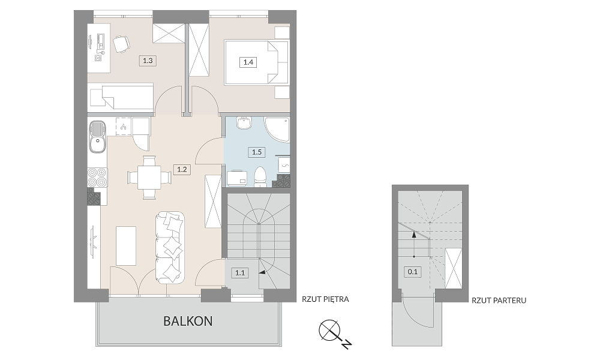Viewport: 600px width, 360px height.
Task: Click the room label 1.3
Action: pyautogui.click(x=148, y=61)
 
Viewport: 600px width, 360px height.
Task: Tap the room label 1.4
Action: pyautogui.click(x=248, y=62)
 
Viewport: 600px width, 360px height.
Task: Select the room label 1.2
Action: pyautogui.click(x=182, y=169)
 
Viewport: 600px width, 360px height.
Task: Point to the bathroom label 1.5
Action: pyautogui.click(x=256, y=152)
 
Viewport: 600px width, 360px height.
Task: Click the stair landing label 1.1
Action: pyautogui.click(x=240, y=273)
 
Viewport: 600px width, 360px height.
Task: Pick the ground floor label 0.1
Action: pyautogui.click(x=413, y=272)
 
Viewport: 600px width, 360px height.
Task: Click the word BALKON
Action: pyautogui.click(x=188, y=321)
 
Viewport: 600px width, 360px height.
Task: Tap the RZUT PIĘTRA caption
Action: pyautogui.click(x=325, y=299)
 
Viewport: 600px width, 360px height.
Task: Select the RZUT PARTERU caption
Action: pyautogui.click(x=499, y=301)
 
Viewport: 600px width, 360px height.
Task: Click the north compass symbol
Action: pyautogui.click(x=333, y=333)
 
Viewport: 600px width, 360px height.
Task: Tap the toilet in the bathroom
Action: pyautogui.click(x=260, y=177)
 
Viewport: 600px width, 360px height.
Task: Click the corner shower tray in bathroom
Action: pyautogui.click(x=277, y=130)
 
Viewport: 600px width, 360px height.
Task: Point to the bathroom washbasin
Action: pyautogui.click(x=244, y=123)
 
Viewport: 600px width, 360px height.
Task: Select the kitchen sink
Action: pyautogui.click(x=98, y=137)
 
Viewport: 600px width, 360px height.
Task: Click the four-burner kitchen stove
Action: pyautogui.click(x=98, y=178)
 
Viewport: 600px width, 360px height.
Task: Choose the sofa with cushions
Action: pyautogui.click(x=170, y=248)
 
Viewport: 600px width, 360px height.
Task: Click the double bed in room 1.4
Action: pyautogui.click(x=256, y=62)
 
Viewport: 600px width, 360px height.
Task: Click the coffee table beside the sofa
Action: pyautogui.click(x=126, y=245)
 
